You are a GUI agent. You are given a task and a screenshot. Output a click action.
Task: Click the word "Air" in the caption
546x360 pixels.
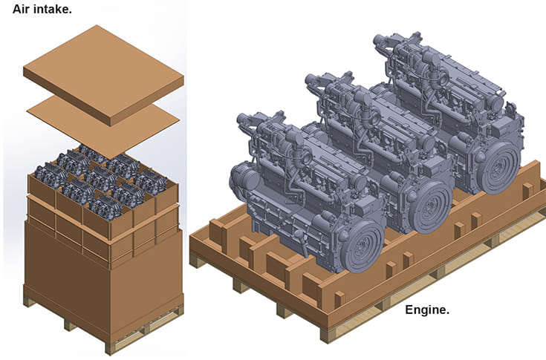coord(20,10)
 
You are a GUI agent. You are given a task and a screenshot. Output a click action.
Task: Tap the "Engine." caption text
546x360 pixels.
coord(427,310)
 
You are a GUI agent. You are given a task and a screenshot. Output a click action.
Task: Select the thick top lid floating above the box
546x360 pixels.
coord(103,75)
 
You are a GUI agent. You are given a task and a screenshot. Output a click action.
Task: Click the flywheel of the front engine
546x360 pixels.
coord(363,245)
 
